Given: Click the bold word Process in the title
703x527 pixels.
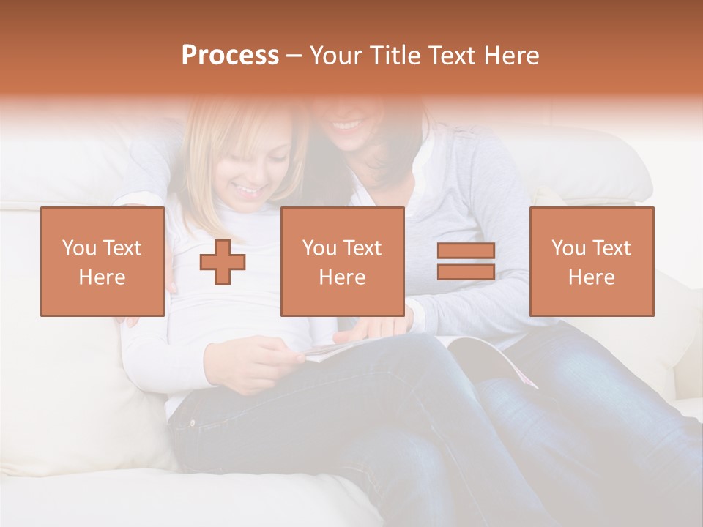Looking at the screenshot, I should [x=230, y=56].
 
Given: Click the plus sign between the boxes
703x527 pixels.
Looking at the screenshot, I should [x=223, y=262].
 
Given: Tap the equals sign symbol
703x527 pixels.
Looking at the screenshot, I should [x=466, y=261].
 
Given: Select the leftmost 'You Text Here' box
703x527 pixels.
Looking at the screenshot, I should [x=103, y=261].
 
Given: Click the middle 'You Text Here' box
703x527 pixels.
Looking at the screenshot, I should [x=342, y=261].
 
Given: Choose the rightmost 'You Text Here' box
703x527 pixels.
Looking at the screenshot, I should [x=591, y=261].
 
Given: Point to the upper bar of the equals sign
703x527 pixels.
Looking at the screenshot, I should [x=466, y=251].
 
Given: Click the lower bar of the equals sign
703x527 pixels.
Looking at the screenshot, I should [x=466, y=272].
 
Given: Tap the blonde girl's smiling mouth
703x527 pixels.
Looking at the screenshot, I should [x=248, y=192].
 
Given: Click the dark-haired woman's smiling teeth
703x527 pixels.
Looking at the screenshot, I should [x=347, y=125].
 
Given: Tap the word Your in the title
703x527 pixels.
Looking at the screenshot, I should [x=335, y=56].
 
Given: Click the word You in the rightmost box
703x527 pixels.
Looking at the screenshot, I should [x=567, y=248].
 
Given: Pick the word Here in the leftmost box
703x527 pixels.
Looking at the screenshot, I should [x=102, y=277].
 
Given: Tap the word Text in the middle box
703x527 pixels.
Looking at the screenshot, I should [x=363, y=248].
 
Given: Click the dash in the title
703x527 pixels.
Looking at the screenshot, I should [x=294, y=56].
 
